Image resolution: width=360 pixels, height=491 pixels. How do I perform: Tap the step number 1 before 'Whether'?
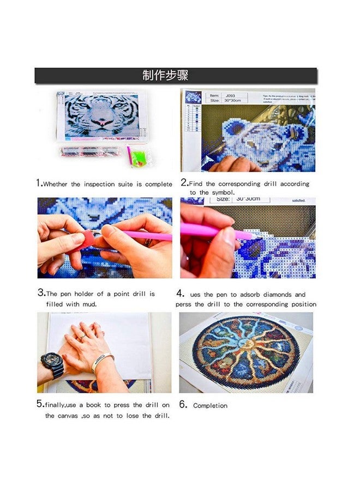[x=39, y=183]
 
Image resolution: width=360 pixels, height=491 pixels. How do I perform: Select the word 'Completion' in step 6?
[x=210, y=406]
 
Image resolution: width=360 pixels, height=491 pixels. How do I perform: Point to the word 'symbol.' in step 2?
[x=220, y=193]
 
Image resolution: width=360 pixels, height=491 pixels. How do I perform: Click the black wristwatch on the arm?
[x=52, y=363]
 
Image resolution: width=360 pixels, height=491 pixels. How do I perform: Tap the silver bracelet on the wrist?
[x=103, y=361]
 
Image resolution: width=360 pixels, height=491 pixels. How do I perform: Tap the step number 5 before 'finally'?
[x=40, y=404]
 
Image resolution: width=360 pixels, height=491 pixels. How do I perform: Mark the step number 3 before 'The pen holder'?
[x=41, y=292]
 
